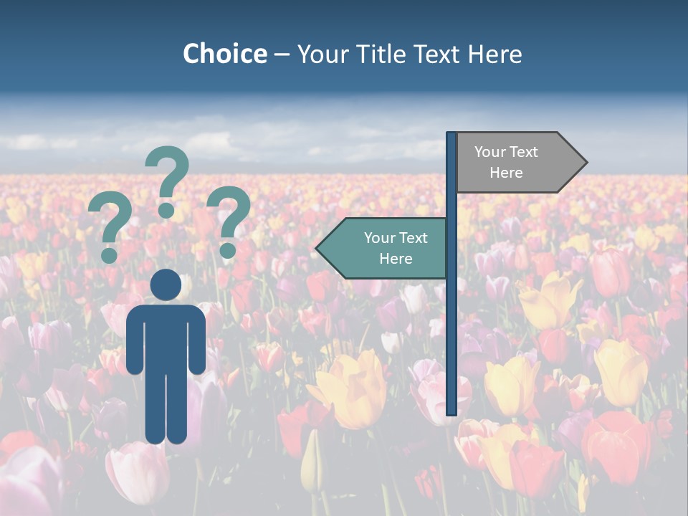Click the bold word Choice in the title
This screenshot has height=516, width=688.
(x=224, y=54)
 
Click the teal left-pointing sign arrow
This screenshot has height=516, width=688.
(x=383, y=248)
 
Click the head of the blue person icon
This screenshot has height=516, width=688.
(x=166, y=285)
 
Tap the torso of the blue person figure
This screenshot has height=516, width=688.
(x=166, y=337)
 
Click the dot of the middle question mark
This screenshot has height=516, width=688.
(x=166, y=210)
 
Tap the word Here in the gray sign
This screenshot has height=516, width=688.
(x=506, y=173)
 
